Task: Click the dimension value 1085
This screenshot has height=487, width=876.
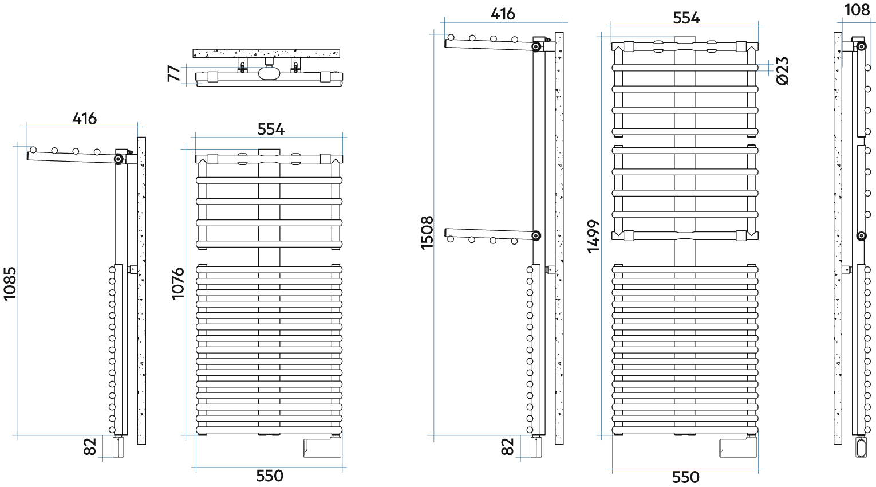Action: click(x=10, y=284)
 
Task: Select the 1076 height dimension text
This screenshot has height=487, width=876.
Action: click(x=178, y=284)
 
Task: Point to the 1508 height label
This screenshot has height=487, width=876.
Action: click(x=427, y=233)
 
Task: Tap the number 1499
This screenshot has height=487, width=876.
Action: click(x=593, y=236)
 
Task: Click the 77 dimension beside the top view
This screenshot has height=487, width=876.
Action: click(x=174, y=73)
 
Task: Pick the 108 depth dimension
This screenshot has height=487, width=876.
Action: click(x=857, y=10)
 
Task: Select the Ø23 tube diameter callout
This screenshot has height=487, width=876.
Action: click(x=783, y=71)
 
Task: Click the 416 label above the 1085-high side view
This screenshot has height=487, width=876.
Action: click(x=85, y=119)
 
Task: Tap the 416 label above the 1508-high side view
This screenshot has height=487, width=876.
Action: click(x=503, y=14)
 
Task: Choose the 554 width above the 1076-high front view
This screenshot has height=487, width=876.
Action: click(x=271, y=129)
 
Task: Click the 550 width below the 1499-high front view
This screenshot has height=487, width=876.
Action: click(x=685, y=477)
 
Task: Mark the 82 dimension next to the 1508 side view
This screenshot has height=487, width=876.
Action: click(x=507, y=447)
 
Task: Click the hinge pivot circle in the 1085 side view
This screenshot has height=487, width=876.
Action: click(x=118, y=159)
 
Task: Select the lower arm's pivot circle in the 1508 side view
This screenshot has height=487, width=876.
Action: click(x=536, y=235)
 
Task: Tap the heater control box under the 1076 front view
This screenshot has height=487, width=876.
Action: click(x=322, y=448)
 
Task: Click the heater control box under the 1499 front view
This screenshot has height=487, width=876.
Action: click(x=738, y=448)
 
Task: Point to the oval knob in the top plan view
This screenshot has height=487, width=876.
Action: click(x=269, y=73)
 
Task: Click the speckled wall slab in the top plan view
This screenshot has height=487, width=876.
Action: click(x=266, y=53)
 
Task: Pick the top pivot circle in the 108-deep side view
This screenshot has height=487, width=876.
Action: click(x=861, y=46)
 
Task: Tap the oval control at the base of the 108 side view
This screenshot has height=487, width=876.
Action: click(x=861, y=448)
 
